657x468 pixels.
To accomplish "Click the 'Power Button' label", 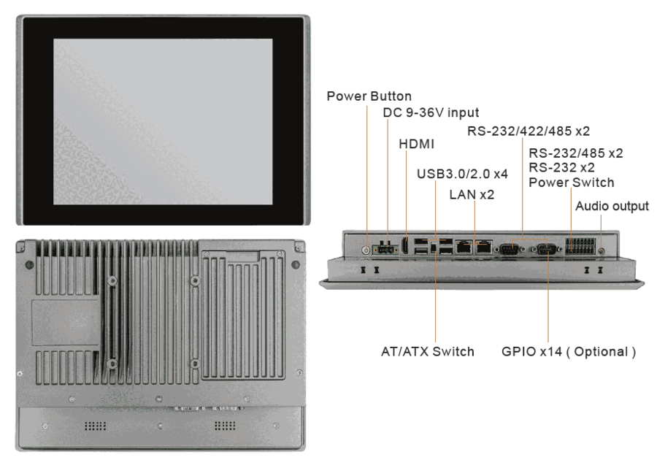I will (369, 96).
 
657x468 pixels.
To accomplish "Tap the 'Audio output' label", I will (612, 206).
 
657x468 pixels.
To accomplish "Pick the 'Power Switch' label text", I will (572, 182).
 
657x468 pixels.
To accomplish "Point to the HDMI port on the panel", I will (406, 247).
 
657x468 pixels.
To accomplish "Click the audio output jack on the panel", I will (600, 250).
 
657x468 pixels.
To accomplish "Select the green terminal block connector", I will (580, 247).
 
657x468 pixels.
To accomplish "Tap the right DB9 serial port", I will (547, 249).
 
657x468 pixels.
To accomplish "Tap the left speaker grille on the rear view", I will (97, 425).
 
